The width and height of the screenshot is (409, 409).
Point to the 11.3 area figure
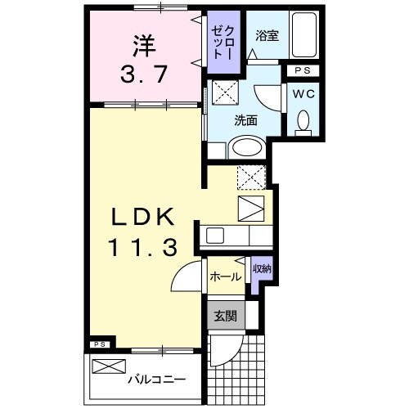(144, 248)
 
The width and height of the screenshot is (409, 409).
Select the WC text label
(303, 92)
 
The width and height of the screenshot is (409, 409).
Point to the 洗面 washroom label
(245, 120)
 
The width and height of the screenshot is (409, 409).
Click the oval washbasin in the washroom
(245, 148)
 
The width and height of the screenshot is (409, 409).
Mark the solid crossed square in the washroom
(225, 90)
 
